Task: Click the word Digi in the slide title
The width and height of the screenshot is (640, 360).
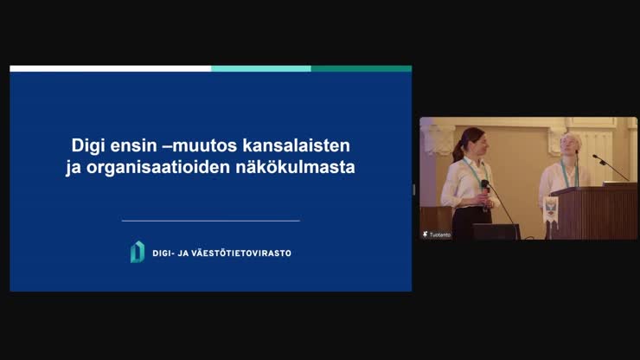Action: (86, 146)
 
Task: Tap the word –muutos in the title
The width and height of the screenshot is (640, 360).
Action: (200, 146)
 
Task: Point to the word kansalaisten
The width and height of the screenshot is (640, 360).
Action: (297, 146)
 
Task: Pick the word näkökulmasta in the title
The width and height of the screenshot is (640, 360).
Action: (295, 167)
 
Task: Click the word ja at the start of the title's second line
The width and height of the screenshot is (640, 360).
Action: (74, 168)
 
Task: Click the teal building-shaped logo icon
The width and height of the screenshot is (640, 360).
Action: (138, 252)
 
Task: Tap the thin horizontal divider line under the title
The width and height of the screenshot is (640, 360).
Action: (211, 221)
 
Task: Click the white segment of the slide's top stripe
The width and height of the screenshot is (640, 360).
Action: (110, 68)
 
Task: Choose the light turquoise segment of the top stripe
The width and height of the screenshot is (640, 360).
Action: (261, 68)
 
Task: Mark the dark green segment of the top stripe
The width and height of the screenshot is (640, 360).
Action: (362, 68)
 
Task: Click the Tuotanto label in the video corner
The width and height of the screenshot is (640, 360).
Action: (440, 235)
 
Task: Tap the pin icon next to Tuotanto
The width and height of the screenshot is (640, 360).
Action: (425, 235)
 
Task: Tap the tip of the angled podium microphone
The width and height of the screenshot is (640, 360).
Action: (595, 156)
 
